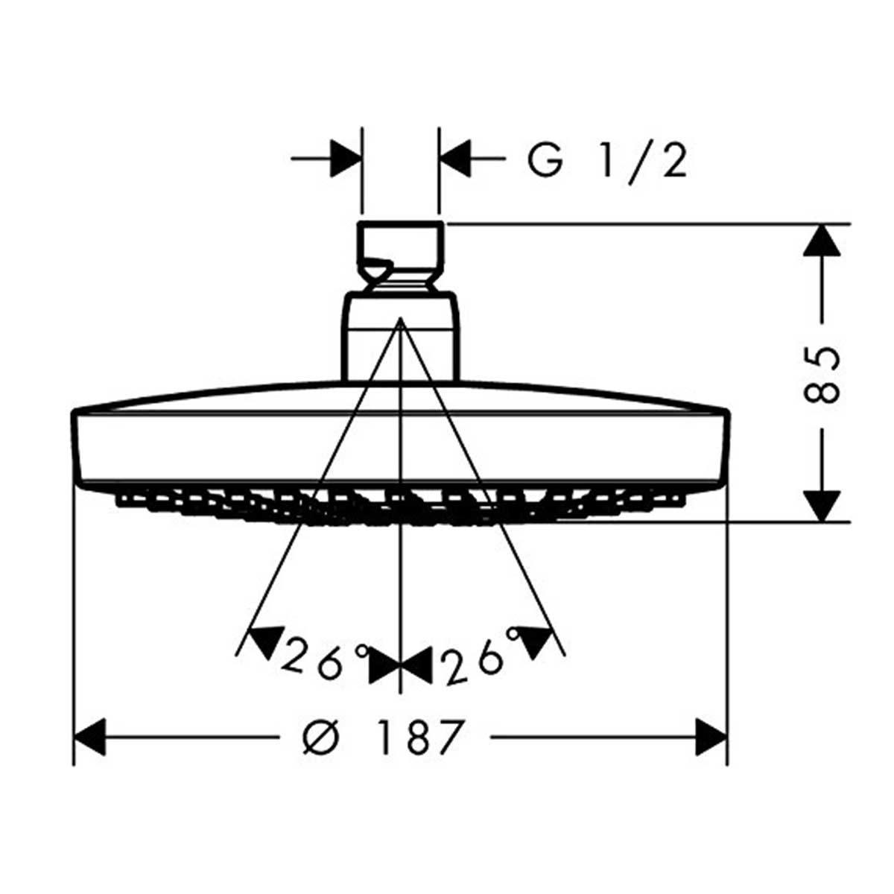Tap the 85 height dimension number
click(822, 372)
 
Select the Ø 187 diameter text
click(384, 738)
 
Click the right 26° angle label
click(477, 656)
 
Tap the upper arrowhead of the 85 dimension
click(822, 241)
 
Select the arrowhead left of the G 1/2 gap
click(345, 159)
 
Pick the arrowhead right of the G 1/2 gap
click(455, 159)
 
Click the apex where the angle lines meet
click(400, 319)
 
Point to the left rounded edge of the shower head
click(77, 447)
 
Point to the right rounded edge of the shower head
click(724, 447)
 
